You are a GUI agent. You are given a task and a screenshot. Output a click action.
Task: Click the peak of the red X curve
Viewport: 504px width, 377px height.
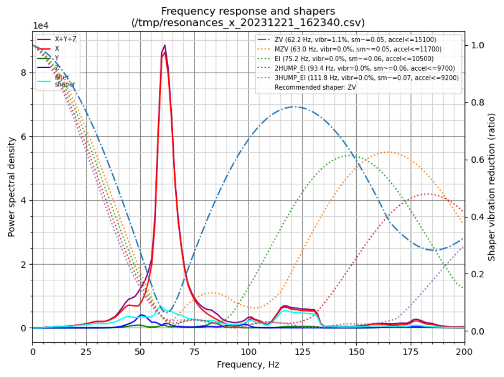click(x=164, y=52)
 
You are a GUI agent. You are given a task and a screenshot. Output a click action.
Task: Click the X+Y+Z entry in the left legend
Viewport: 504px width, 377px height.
click(x=66, y=39)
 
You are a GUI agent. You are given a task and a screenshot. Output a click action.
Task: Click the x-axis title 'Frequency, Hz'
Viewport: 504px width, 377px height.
click(x=248, y=364)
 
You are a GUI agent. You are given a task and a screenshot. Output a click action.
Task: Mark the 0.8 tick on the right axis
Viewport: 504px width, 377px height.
click(x=479, y=102)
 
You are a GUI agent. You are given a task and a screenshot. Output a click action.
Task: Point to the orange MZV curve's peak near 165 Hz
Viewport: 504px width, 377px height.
click(x=388, y=152)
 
